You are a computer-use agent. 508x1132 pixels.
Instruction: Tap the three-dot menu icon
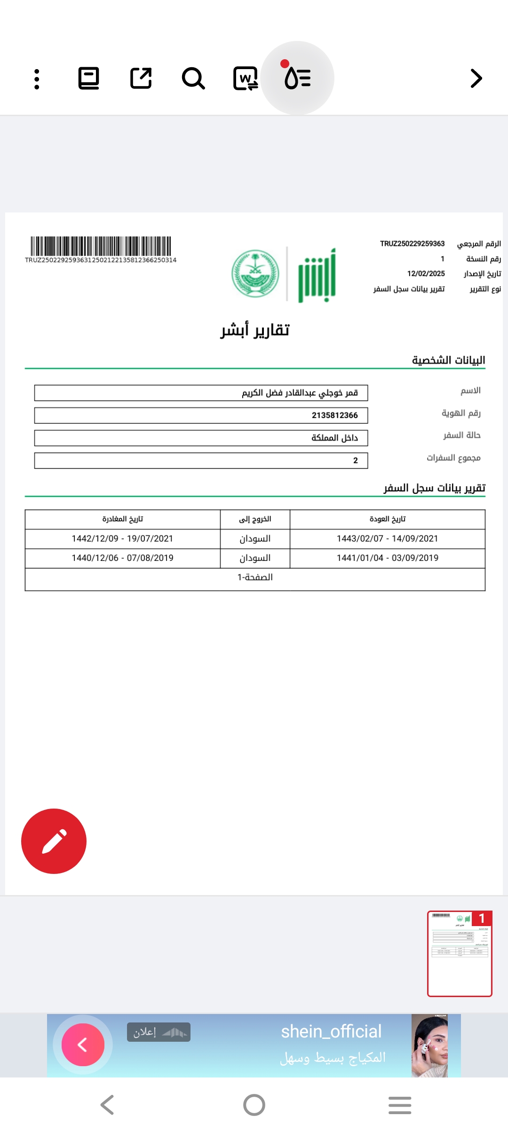point(37,79)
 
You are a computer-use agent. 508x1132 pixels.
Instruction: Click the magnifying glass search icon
point(193,79)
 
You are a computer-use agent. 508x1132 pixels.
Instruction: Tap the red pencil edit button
point(54,841)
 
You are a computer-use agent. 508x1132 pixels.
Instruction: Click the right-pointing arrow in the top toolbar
point(476,79)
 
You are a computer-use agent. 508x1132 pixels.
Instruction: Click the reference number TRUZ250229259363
point(412,244)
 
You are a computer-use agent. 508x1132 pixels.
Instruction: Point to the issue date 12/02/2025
point(426,274)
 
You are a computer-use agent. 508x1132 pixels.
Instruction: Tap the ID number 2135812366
point(334,415)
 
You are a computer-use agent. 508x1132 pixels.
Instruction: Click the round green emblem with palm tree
point(255,274)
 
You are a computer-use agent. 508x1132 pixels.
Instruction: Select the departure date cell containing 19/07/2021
point(122,539)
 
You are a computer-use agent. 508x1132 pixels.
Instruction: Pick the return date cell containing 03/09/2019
point(387,558)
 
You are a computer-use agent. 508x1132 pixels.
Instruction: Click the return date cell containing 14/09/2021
point(387,539)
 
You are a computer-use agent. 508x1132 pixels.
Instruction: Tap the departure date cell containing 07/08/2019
point(122,558)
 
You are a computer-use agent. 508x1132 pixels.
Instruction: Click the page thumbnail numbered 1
point(460,953)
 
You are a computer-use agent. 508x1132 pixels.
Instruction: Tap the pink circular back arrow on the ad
point(83,1045)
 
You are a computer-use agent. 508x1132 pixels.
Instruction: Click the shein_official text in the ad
point(331,1031)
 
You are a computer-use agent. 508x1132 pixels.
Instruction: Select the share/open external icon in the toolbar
point(141,79)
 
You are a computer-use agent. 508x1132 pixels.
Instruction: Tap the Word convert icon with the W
point(246,79)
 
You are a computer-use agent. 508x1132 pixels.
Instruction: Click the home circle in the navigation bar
point(254,1105)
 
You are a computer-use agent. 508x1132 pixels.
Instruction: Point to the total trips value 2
point(355,461)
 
